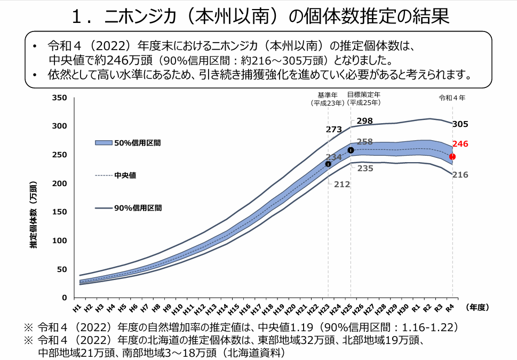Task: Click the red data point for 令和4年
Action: coord(452,157)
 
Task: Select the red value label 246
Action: coord(460,144)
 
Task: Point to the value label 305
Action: coord(460,124)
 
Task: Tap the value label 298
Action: coord(364,121)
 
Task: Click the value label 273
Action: coord(333,129)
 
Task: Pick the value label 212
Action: coord(342,185)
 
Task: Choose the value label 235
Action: coord(365,168)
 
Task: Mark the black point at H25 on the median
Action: coord(351,150)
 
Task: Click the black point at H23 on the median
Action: coord(328,164)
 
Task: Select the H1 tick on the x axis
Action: coord(77,308)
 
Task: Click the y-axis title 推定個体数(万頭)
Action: coord(34,215)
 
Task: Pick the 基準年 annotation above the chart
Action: coord(327,99)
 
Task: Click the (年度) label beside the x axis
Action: coord(477,307)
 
